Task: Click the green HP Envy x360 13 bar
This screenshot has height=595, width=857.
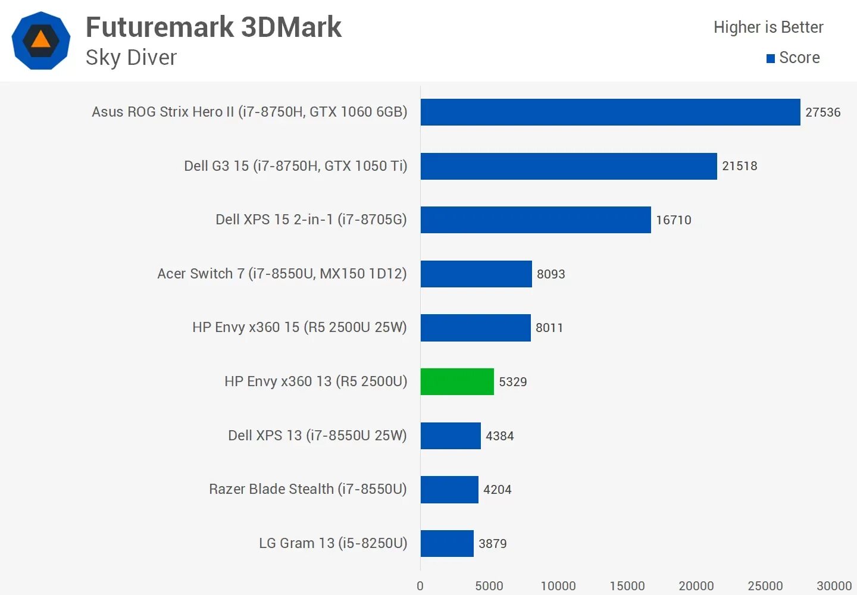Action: pyautogui.click(x=457, y=381)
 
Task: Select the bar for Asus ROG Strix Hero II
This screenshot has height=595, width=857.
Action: pyautogui.click(x=610, y=112)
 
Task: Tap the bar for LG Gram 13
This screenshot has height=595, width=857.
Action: pyautogui.click(x=447, y=543)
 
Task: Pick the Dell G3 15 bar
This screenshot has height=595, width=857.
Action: pyautogui.click(x=568, y=166)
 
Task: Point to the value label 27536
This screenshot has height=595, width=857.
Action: pyautogui.click(x=822, y=112)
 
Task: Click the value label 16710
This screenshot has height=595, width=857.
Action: pyautogui.click(x=673, y=220)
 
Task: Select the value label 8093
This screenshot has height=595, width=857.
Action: pyautogui.click(x=551, y=274)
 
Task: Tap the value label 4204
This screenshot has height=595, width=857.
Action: pyautogui.click(x=497, y=490)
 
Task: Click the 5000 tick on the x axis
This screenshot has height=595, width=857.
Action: pyautogui.click(x=489, y=586)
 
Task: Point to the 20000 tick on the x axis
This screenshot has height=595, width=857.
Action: pyautogui.click(x=696, y=586)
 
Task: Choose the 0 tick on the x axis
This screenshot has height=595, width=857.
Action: pyautogui.click(x=420, y=586)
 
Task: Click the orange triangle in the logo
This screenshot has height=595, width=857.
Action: pyautogui.click(x=40, y=40)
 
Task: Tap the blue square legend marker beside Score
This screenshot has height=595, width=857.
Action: pyautogui.click(x=770, y=58)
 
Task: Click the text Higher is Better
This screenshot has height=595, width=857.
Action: pyautogui.click(x=768, y=27)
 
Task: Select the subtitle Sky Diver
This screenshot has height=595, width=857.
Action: pyautogui.click(x=131, y=58)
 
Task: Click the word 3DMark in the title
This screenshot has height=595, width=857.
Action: pyautogui.click(x=291, y=27)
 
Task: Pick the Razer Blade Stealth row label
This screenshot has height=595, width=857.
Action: pyautogui.click(x=308, y=489)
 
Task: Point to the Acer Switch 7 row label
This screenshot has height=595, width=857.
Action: pyautogui.click(x=282, y=274)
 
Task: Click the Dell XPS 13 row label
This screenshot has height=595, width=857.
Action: pyautogui.click(x=317, y=436)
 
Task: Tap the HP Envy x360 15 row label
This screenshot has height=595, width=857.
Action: pyautogui.click(x=299, y=327)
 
